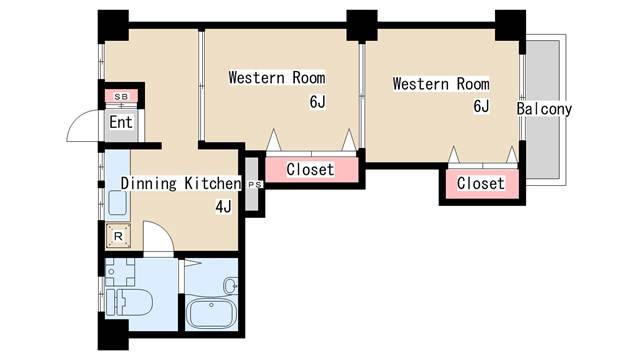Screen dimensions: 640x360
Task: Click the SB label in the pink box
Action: (x=121, y=97)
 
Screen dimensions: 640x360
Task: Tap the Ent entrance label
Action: (x=121, y=122)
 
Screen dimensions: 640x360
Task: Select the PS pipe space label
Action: (x=255, y=184)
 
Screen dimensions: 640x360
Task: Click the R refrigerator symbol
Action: (x=118, y=236)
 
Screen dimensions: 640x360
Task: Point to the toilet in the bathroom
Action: (x=129, y=302)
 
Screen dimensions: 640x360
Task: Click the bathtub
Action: (x=211, y=313)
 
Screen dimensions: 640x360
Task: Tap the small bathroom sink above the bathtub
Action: (x=231, y=285)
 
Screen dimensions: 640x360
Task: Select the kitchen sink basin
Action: (x=118, y=203)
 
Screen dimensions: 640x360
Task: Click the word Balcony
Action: (x=544, y=109)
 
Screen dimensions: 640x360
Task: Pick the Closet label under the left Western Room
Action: (x=310, y=169)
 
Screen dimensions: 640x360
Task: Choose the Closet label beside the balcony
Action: (x=480, y=183)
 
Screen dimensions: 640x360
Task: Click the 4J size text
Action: (x=224, y=207)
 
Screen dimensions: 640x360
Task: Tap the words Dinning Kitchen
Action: (x=181, y=183)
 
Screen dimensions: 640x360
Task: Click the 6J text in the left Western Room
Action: (x=318, y=102)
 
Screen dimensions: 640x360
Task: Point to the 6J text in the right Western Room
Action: (x=481, y=106)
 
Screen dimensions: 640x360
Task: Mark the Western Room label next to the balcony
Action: (x=441, y=84)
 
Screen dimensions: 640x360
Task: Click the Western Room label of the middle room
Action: (x=277, y=78)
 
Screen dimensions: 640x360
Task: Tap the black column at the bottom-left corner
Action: (x=113, y=335)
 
